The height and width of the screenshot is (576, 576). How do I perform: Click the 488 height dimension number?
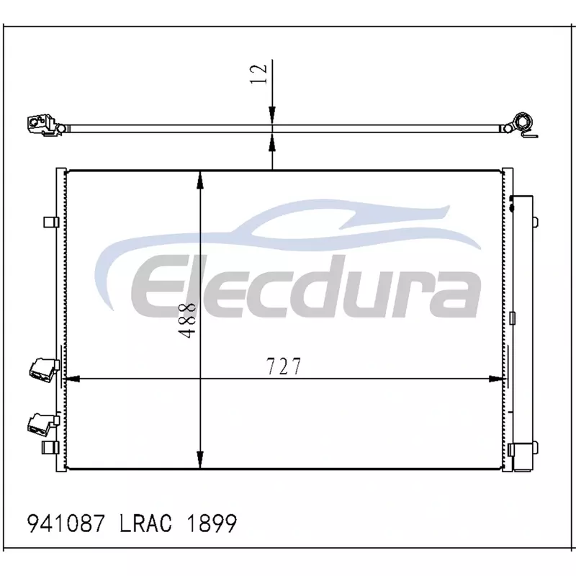pos(187,320)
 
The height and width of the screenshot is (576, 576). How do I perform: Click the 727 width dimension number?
pos(284,366)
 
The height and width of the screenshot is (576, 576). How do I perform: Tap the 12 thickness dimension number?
pos(258,74)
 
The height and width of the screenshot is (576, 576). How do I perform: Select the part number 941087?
pos(66,523)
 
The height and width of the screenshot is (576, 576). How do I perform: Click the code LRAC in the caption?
pos(145,523)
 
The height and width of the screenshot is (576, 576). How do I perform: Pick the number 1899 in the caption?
pos(212,523)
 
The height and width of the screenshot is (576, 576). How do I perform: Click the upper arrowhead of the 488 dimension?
pos(200,180)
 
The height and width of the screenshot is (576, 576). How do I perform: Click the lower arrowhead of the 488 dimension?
pos(200,459)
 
